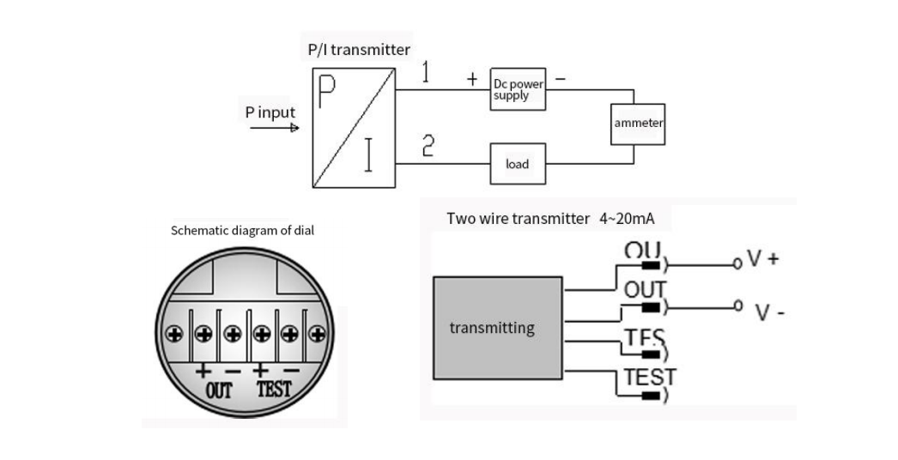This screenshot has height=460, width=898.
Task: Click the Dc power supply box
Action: [518, 88]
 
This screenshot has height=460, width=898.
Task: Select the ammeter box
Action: [638, 124]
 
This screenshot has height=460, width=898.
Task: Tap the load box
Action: [518, 164]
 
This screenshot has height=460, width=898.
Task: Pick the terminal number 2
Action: [427, 147]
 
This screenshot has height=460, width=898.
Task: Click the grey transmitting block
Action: [498, 328]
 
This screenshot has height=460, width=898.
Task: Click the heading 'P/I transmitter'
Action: [359, 50]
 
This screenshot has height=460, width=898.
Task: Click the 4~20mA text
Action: [627, 219]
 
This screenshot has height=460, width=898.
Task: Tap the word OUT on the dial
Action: [218, 390]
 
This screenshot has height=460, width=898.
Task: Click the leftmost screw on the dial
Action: [175, 333]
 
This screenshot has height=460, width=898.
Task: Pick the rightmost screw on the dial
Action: [317, 333]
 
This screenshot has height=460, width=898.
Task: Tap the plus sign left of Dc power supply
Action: [472, 79]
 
